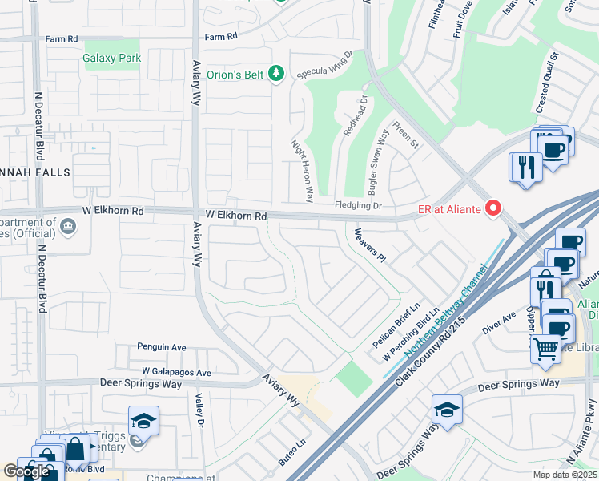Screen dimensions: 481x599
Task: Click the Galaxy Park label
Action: [112, 58]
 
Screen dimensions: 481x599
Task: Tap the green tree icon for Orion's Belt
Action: [276, 74]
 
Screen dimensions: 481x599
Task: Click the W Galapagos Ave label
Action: [176, 372]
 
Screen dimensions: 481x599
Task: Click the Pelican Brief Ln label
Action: [396, 325]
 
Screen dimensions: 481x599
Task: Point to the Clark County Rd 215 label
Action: [430, 347]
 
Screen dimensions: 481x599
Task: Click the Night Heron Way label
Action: [302, 169]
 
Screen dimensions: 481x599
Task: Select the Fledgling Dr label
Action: [358, 206]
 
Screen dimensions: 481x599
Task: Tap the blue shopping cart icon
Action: [545, 349]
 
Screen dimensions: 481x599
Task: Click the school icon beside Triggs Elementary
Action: [143, 421]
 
